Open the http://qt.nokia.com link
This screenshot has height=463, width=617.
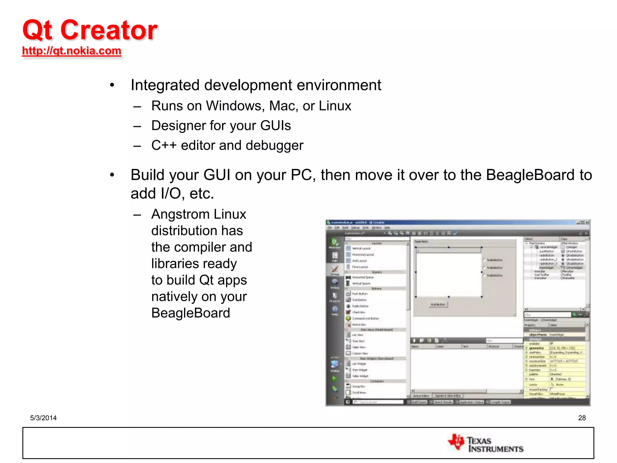tap(72, 51)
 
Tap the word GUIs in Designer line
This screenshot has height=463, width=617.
tap(275, 126)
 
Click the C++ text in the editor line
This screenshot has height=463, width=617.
tap(164, 145)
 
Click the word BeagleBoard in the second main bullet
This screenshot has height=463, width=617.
tap(530, 175)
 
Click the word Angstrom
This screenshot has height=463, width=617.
tap(180, 214)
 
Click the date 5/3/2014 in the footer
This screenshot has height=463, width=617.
tap(43, 418)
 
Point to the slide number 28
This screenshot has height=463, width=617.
tap(582, 418)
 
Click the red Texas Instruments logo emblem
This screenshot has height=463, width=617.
tap(456, 442)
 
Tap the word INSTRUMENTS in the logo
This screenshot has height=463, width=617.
tap(496, 449)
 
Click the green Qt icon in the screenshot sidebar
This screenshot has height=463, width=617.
tap(334, 242)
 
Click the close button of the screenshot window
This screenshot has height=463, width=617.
tap(587, 222)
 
